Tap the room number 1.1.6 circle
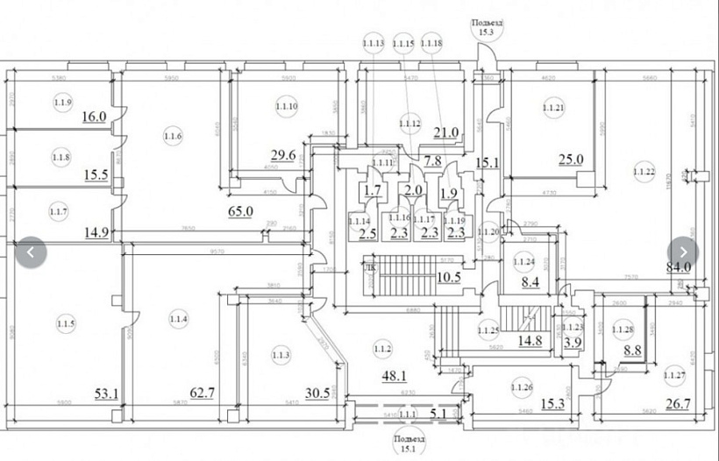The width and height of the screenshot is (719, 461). point(172,135)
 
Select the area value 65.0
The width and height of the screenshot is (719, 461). point(240,211)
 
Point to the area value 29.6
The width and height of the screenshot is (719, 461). point(282,156)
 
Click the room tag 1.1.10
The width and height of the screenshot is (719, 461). point(287,107)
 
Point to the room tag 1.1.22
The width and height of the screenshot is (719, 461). point(644,170)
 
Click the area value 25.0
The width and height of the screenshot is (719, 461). point(572,159)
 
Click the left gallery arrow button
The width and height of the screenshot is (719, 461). point(31,252)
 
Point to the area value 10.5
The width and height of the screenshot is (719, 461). point(449,277)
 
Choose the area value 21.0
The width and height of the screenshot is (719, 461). point(446,133)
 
